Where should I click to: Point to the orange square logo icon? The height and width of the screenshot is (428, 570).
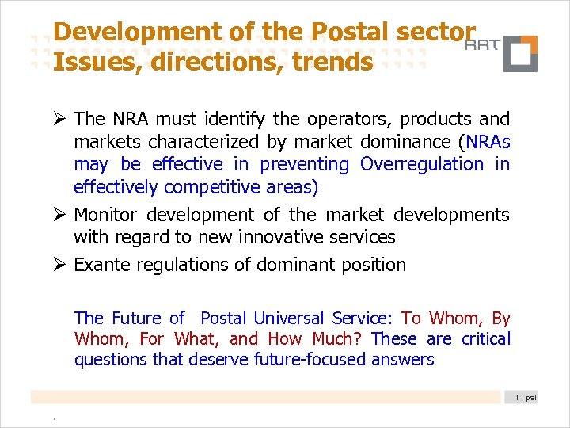(x=520, y=54)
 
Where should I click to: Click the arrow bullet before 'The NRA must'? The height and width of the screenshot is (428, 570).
(x=59, y=120)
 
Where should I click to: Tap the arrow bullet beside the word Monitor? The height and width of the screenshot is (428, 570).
(x=59, y=215)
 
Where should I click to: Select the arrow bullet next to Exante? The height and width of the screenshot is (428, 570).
(x=59, y=266)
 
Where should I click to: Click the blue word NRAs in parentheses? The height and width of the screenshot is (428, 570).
(x=488, y=142)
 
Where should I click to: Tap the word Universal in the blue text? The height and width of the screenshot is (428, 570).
(x=288, y=319)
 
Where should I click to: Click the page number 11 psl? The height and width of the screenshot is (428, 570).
(x=524, y=397)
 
